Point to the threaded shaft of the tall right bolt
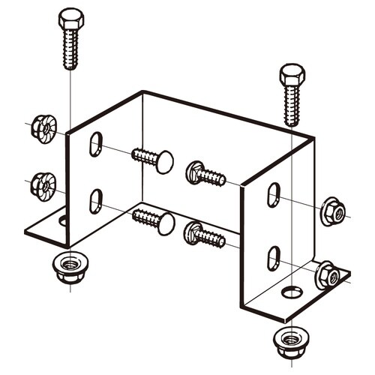[292, 106]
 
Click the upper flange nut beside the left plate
[43, 129]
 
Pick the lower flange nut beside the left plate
[43, 184]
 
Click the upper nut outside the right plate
[331, 212]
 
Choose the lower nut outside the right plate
[327, 275]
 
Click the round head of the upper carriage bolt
[164, 161]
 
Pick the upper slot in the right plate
[274, 195]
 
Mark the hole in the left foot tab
[62, 220]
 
